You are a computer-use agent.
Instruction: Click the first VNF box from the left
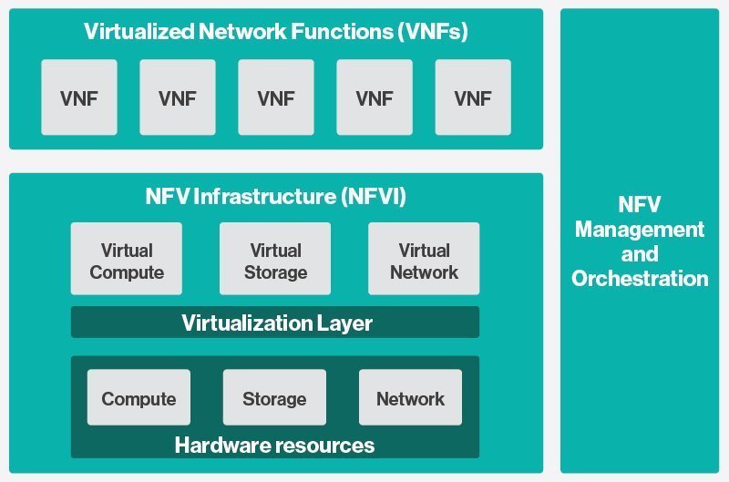tap(79, 97)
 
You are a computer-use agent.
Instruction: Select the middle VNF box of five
tap(276, 97)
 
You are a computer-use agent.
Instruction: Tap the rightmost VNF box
tap(473, 97)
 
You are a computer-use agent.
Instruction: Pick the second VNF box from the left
tap(178, 97)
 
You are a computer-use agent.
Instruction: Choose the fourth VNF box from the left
tap(375, 97)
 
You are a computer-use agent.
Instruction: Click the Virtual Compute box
tap(127, 260)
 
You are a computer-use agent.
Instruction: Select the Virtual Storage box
tap(275, 260)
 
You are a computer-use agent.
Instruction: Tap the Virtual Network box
tap(424, 260)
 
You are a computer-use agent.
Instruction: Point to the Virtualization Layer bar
tap(275, 323)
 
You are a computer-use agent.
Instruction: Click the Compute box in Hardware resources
tap(139, 398)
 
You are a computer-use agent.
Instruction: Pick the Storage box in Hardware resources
tap(274, 398)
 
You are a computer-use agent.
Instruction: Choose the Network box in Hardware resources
tap(410, 398)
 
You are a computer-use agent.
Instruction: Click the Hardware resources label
tap(274, 446)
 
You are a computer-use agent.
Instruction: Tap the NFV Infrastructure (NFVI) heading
tap(275, 197)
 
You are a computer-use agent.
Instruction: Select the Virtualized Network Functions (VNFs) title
tap(275, 31)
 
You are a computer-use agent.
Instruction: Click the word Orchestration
tap(640, 279)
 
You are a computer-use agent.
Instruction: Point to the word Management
tap(640, 230)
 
